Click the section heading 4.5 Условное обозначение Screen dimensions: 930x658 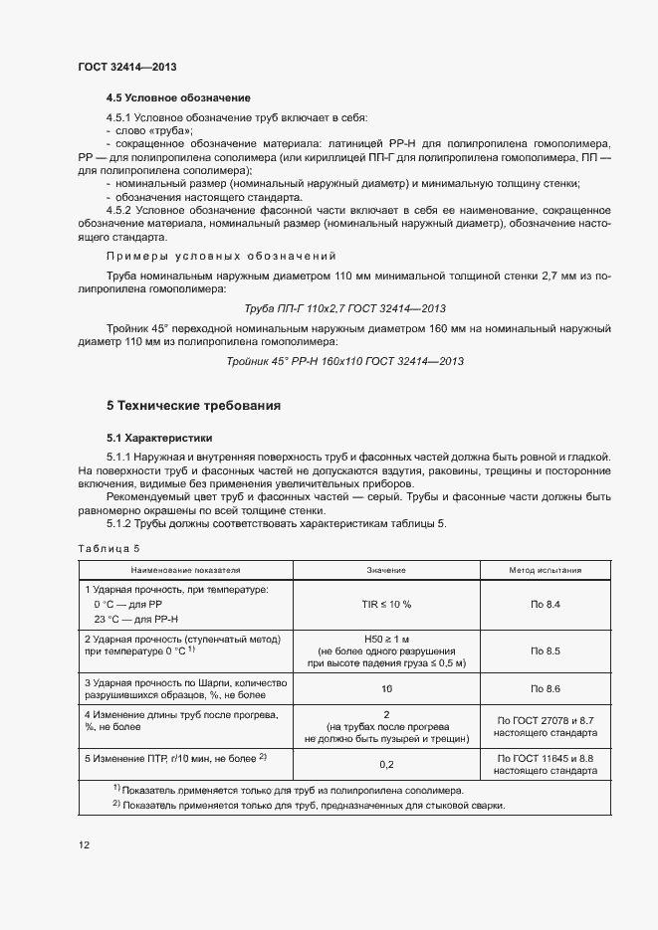coord(178,98)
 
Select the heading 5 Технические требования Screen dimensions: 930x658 coord(193,406)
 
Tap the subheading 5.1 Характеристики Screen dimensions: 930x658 coord(159,438)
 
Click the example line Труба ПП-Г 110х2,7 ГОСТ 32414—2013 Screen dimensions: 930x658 coord(344,308)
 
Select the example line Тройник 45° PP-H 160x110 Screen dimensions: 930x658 coord(344,361)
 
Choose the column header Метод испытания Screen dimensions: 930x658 coord(546,571)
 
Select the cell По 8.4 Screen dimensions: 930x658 coord(546,605)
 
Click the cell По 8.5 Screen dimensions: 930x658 coord(546,651)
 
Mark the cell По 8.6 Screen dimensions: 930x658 coord(546,688)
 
